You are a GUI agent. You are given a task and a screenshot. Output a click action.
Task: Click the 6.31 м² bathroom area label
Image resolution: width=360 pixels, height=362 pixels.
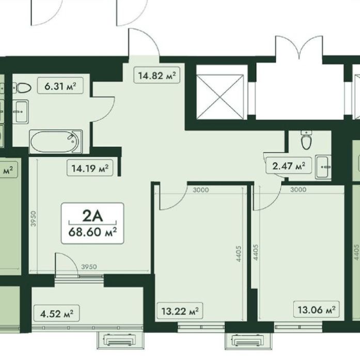[60, 86]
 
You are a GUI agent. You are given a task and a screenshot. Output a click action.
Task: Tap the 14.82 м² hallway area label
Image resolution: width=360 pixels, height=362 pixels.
[157, 76]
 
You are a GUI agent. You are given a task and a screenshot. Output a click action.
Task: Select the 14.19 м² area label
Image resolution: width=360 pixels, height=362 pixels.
[90, 168]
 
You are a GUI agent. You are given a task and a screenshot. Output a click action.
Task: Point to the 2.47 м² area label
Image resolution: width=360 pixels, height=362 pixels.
[289, 165]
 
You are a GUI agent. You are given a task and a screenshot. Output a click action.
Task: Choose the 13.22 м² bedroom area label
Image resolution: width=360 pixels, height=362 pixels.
[180, 311]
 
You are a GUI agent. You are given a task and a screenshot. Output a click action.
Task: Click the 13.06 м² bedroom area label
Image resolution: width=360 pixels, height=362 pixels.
[316, 309]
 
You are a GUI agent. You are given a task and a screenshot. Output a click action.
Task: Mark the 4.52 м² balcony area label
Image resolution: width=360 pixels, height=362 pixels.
[56, 314]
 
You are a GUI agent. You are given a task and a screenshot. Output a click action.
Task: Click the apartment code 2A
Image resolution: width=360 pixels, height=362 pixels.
[92, 216]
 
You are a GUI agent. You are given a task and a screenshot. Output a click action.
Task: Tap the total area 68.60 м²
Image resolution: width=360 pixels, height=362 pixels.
[92, 232]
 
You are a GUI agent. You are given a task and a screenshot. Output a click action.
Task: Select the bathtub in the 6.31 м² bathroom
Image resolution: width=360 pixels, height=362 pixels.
[56, 142]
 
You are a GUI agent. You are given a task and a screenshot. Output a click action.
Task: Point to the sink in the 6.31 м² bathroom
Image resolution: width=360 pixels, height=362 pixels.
[21, 112]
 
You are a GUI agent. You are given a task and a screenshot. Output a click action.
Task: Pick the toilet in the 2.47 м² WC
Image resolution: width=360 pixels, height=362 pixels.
[306, 140]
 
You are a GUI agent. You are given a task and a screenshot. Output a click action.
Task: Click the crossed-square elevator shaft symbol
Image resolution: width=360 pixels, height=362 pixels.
[220, 97]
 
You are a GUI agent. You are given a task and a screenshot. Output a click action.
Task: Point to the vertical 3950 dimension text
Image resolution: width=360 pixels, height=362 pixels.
[34, 218]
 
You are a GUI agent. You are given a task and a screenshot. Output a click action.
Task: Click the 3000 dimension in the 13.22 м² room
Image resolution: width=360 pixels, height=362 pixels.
[200, 190]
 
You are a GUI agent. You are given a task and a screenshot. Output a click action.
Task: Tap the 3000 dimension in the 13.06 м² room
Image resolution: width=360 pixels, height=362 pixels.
[299, 190]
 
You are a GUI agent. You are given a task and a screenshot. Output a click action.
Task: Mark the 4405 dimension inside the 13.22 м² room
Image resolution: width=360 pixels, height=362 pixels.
[239, 253]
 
